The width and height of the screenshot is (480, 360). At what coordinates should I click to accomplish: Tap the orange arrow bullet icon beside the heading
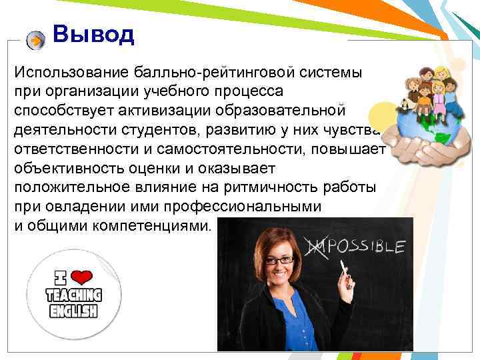pyautogui.click(x=36, y=41)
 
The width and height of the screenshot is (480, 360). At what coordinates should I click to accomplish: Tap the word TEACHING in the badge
pyautogui.click(x=73, y=295)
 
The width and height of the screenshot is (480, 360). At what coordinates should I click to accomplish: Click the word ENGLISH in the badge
pyautogui.click(x=73, y=311)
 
